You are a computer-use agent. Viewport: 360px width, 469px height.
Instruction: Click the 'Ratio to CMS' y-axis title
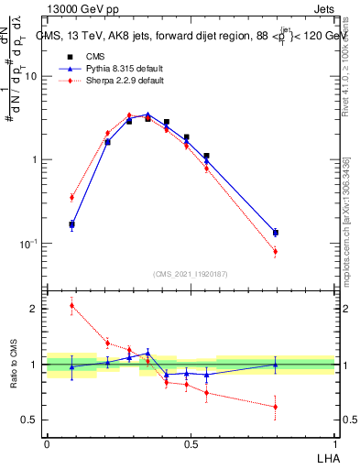13,365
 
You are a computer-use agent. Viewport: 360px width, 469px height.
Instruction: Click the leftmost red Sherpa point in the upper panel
71,197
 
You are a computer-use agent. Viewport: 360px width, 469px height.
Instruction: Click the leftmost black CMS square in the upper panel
71,224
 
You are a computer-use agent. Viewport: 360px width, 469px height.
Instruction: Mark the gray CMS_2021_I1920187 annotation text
190,273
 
